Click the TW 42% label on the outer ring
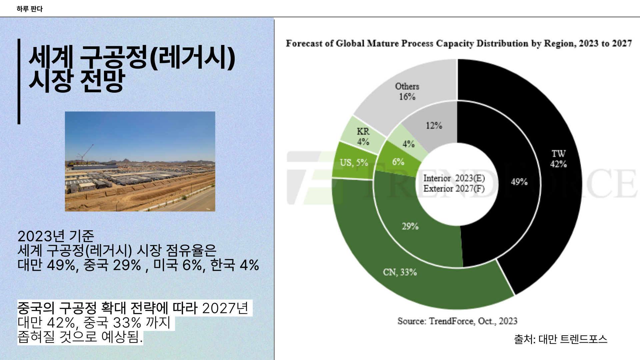558,159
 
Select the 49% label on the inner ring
519,182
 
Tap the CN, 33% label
400,272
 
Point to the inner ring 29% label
410,226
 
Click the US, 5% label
354,163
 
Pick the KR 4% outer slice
363,137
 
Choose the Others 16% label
407,91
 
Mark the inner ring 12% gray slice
434,126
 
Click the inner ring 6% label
398,162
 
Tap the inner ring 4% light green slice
408,144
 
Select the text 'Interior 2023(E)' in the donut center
454,178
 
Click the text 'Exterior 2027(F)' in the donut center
454,189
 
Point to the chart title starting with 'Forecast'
459,44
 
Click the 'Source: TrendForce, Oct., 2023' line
457,321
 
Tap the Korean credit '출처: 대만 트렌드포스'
560,339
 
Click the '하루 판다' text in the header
30,9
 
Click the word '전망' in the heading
102,81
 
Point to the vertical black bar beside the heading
19,81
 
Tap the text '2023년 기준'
56,236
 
